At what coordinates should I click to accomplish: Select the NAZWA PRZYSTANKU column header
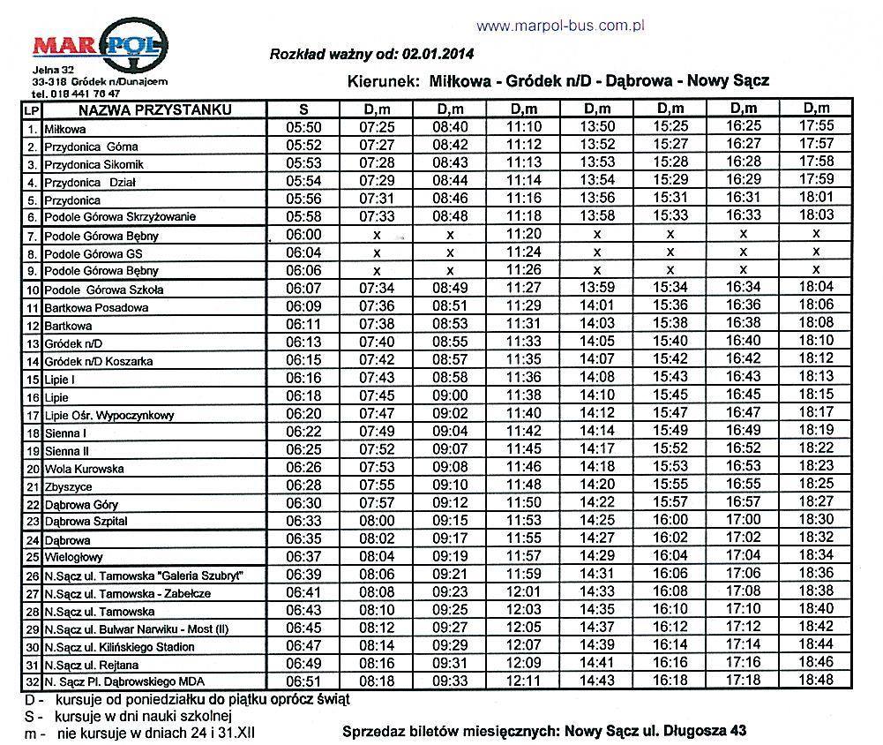point(154,110)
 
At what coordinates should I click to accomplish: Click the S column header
point(303,110)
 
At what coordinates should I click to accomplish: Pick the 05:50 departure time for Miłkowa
point(303,127)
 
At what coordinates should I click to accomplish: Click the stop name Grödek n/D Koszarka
point(99,361)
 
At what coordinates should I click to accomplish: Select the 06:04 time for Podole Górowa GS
point(303,252)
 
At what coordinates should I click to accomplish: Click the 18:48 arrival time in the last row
point(815,681)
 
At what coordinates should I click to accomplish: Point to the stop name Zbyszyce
point(69,486)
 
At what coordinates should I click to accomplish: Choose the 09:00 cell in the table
point(450,395)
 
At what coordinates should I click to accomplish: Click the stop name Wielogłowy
point(74,558)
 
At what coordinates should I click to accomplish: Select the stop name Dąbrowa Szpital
point(86,522)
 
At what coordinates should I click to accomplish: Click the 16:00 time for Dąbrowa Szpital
point(670,521)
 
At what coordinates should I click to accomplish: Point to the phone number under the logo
point(76,93)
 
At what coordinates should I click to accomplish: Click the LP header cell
point(32,111)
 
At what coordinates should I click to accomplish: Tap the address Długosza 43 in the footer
point(707,731)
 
